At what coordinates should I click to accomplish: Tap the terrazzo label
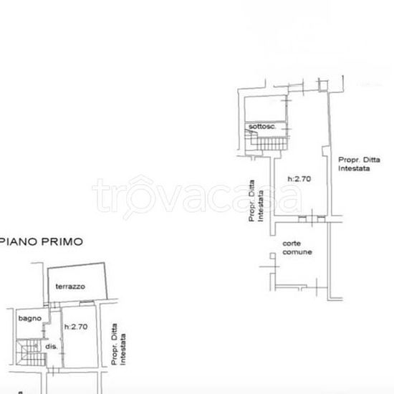(71, 287)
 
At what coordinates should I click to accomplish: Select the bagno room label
(29, 318)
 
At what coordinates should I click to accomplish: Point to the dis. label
(51, 347)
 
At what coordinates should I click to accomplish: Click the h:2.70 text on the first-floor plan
(76, 327)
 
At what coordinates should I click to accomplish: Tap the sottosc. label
(262, 128)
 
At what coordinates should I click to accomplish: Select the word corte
(291, 244)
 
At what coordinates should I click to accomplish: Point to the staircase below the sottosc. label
(266, 143)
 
